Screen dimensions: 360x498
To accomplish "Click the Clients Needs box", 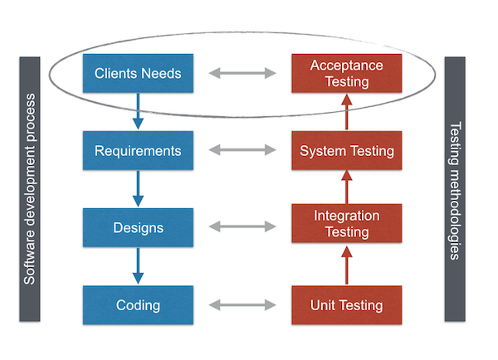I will click(138, 73).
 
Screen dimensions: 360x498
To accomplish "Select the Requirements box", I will click(138, 151).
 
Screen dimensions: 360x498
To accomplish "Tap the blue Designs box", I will click(138, 227).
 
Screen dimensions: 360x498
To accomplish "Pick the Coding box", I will click(138, 304).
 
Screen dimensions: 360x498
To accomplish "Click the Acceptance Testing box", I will click(347, 73).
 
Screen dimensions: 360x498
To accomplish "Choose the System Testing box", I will click(347, 151).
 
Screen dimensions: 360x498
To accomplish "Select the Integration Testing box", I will click(347, 223).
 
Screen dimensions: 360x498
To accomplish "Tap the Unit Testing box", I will click(347, 304).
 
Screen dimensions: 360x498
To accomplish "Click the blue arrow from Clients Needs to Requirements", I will click(138, 111).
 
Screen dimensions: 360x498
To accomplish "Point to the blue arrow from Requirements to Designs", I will click(138, 189).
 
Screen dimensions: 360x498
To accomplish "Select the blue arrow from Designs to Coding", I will click(138, 265).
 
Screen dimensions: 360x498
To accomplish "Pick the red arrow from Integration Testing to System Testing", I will click(347, 187).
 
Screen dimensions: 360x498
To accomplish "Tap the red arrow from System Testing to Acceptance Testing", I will click(347, 112).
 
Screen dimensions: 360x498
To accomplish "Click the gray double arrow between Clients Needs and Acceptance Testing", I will click(242, 74).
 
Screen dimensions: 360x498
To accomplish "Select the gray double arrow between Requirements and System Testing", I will click(242, 151).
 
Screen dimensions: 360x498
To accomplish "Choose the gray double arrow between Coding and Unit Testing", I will click(242, 304).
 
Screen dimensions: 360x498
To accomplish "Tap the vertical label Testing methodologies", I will click(455, 189).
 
